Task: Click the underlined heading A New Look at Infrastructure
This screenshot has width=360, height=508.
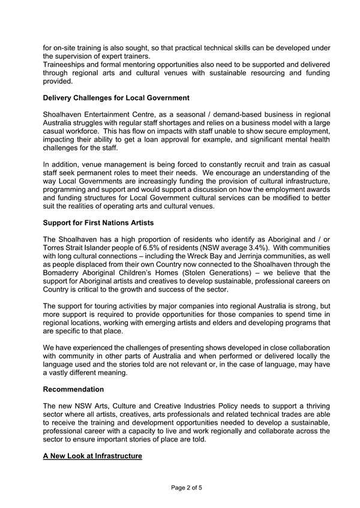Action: [x=92, y=456]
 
